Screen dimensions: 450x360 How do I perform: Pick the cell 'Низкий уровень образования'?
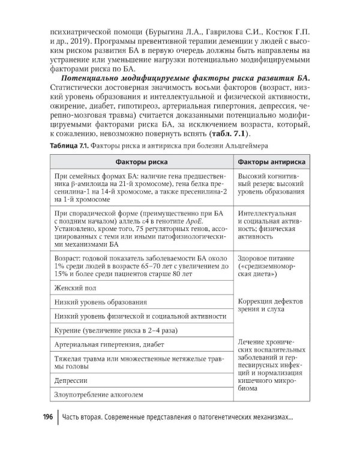click(x=100, y=302)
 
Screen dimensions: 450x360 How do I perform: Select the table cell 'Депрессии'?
click(x=71, y=380)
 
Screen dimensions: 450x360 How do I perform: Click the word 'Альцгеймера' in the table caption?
click(x=248, y=145)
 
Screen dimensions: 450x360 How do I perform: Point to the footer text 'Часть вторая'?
click(x=91, y=417)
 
